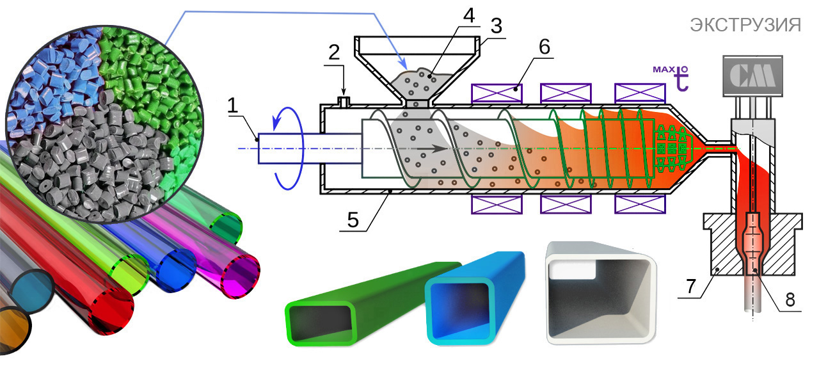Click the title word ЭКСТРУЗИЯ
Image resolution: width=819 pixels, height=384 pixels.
745,25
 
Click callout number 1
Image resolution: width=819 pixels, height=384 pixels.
232,106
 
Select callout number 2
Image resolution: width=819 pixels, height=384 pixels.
334,52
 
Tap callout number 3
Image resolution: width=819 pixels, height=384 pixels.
496,26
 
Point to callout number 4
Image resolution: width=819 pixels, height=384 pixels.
469,15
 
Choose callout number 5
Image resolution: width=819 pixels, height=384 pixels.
353,220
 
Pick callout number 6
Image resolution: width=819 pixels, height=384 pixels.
545,47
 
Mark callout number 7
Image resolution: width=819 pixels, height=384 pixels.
690,286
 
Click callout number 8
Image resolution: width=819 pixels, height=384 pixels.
790,300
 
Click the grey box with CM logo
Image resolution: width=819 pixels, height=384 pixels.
753,76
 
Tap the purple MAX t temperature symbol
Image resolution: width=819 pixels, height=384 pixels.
671,77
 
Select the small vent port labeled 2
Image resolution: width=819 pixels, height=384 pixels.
344,102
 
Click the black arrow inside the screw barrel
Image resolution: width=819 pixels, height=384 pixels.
432,149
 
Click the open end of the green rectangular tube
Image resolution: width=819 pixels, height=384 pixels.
321,324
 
